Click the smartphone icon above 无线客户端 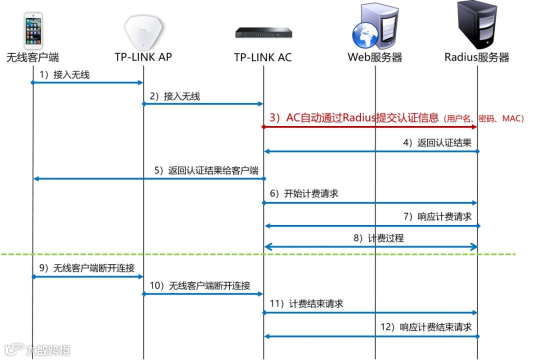click(x=33, y=31)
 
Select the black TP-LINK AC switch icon click(x=263, y=33)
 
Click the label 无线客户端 click(x=32, y=57)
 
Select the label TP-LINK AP click(x=143, y=57)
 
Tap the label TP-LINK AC click(x=263, y=57)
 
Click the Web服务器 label click(x=375, y=57)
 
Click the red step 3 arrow click(x=370, y=127)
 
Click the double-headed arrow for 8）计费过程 click(x=370, y=246)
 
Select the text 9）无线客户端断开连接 click(x=87, y=268)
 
